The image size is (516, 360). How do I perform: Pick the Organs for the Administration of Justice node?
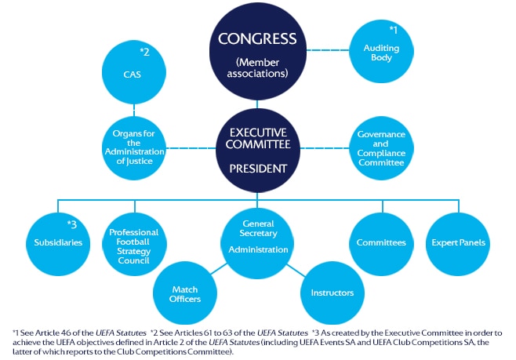pos(133,147)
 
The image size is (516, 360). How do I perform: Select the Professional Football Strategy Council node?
pos(133,242)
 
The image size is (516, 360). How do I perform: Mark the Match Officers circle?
pos(185,293)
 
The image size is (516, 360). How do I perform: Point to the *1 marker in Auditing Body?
pos(394,30)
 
